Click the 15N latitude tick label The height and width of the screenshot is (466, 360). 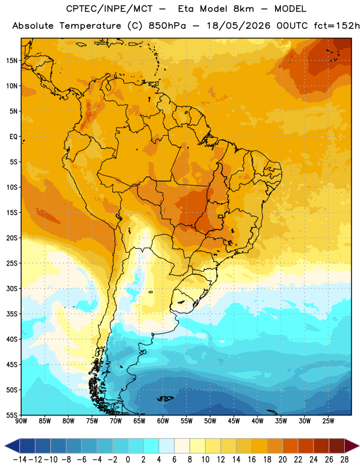pyautogui.click(x=11, y=61)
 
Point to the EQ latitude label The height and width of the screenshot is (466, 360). pyautogui.click(x=13, y=137)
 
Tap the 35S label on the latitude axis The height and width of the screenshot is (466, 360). pyautogui.click(x=11, y=314)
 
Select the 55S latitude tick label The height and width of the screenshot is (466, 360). pyautogui.click(x=11, y=415)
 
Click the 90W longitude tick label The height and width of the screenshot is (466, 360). pyautogui.click(x=21, y=421)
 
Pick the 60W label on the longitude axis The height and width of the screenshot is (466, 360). pyautogui.click(x=163, y=421)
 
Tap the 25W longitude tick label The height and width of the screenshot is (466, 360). pyautogui.click(x=328, y=421)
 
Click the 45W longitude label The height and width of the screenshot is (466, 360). pyautogui.click(x=234, y=421)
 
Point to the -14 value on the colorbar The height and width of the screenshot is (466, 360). pyautogui.click(x=20, y=460)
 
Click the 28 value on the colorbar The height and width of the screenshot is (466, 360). pyautogui.click(x=344, y=460)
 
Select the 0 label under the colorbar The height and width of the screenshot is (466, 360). pyautogui.click(x=128, y=460)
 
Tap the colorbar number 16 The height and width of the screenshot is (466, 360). pyautogui.click(x=252, y=460)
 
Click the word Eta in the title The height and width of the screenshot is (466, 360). pyautogui.click(x=186, y=9)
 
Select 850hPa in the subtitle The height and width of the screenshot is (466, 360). pyautogui.click(x=167, y=26)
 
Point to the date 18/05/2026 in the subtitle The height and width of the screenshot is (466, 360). pyautogui.click(x=238, y=26)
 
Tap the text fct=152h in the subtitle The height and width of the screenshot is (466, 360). pyautogui.click(x=337, y=26)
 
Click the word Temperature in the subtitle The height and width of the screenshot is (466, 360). pyautogui.click(x=90, y=26)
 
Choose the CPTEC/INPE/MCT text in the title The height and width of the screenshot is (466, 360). pyautogui.click(x=110, y=9)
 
